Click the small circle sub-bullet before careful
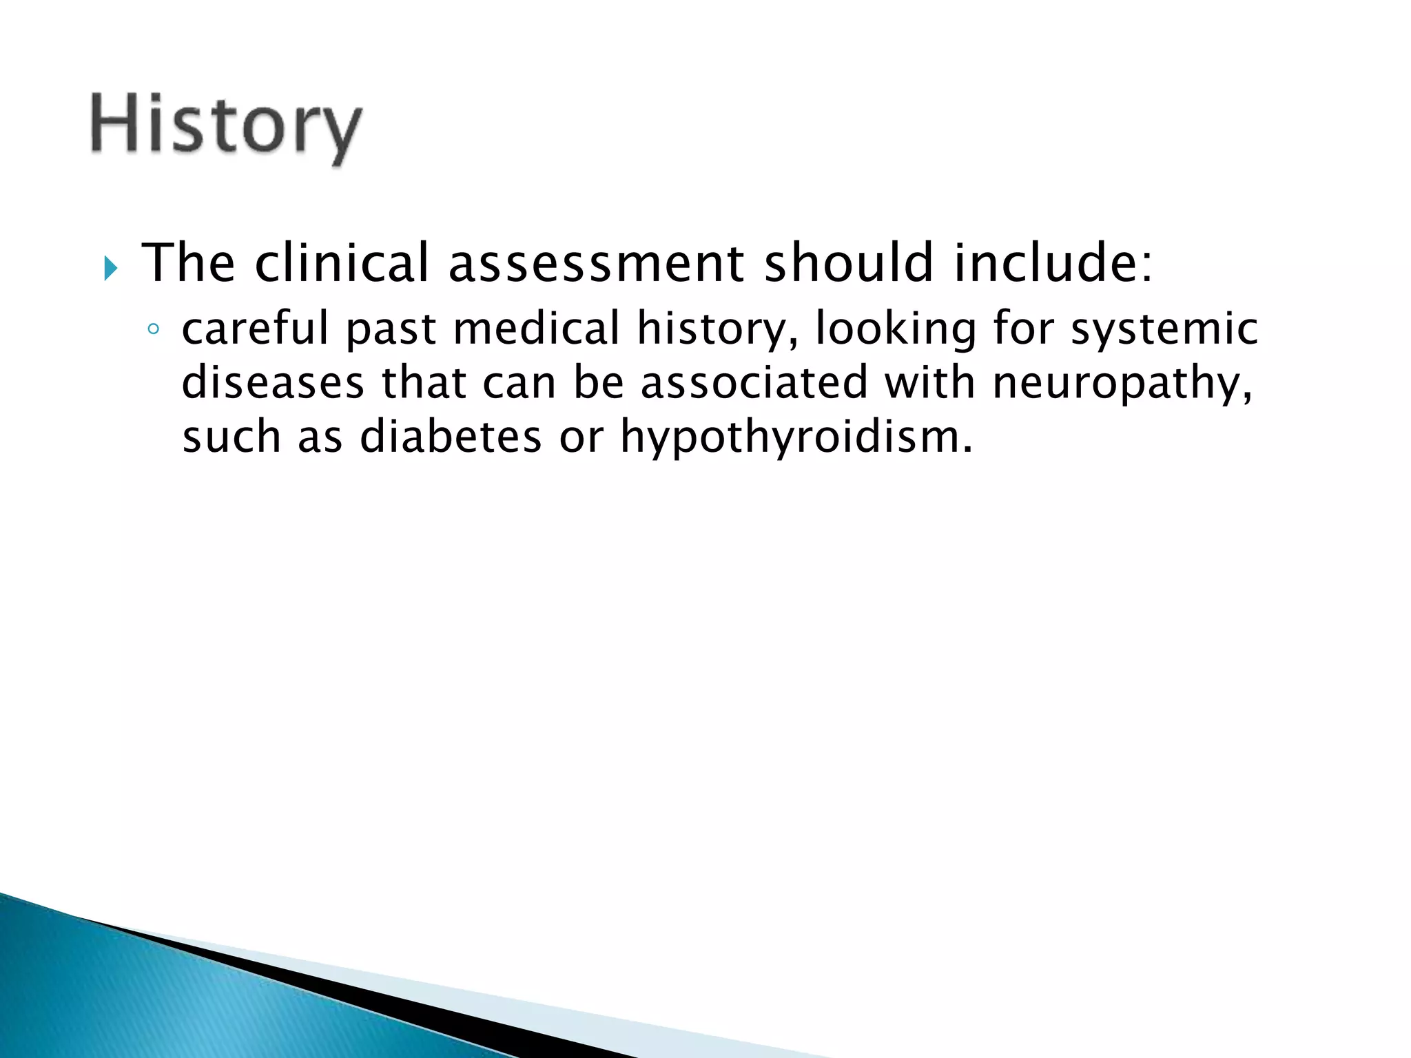(153, 329)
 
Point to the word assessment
(597, 264)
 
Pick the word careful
(255, 328)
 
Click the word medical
(537, 328)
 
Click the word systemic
(1164, 329)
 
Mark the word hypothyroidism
(796, 438)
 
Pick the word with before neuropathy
(930, 382)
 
